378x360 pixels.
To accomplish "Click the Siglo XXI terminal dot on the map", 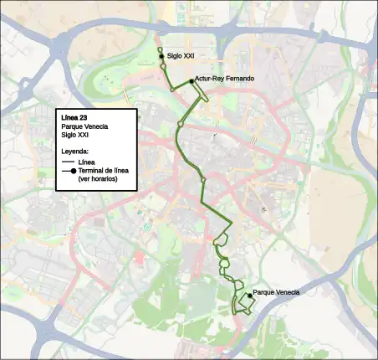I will click(161, 56).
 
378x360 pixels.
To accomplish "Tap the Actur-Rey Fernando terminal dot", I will click(192, 80).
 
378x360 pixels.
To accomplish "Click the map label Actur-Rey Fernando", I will click(223, 79).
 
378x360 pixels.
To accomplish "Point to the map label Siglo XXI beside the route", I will click(181, 56).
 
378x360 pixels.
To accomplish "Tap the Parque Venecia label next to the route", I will click(275, 291).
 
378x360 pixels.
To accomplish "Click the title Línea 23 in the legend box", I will click(74, 118).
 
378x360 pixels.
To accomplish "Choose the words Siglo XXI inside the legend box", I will click(75, 135).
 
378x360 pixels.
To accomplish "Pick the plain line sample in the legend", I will click(68, 162).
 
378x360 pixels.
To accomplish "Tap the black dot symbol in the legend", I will click(75, 171).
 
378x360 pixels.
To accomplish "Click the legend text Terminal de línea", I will click(104, 171).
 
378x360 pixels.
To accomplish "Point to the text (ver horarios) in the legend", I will click(98, 179).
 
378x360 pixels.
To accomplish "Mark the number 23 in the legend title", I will click(83, 118).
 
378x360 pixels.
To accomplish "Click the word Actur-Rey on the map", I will click(207, 79).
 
